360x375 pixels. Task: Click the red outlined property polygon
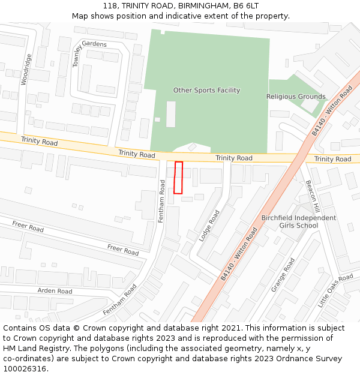coord(178,178)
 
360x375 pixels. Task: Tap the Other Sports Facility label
coord(206,91)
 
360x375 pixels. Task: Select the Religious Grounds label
coord(296,97)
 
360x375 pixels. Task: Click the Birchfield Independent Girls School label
coord(299,221)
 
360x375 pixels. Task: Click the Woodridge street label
coord(26,70)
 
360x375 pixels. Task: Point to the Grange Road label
coord(283,275)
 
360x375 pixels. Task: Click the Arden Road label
coord(55,291)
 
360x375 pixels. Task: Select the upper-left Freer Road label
coord(28,227)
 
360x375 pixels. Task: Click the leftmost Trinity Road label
coord(40,142)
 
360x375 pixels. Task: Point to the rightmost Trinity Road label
coord(332,159)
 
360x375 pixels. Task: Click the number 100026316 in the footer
coord(24,368)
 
